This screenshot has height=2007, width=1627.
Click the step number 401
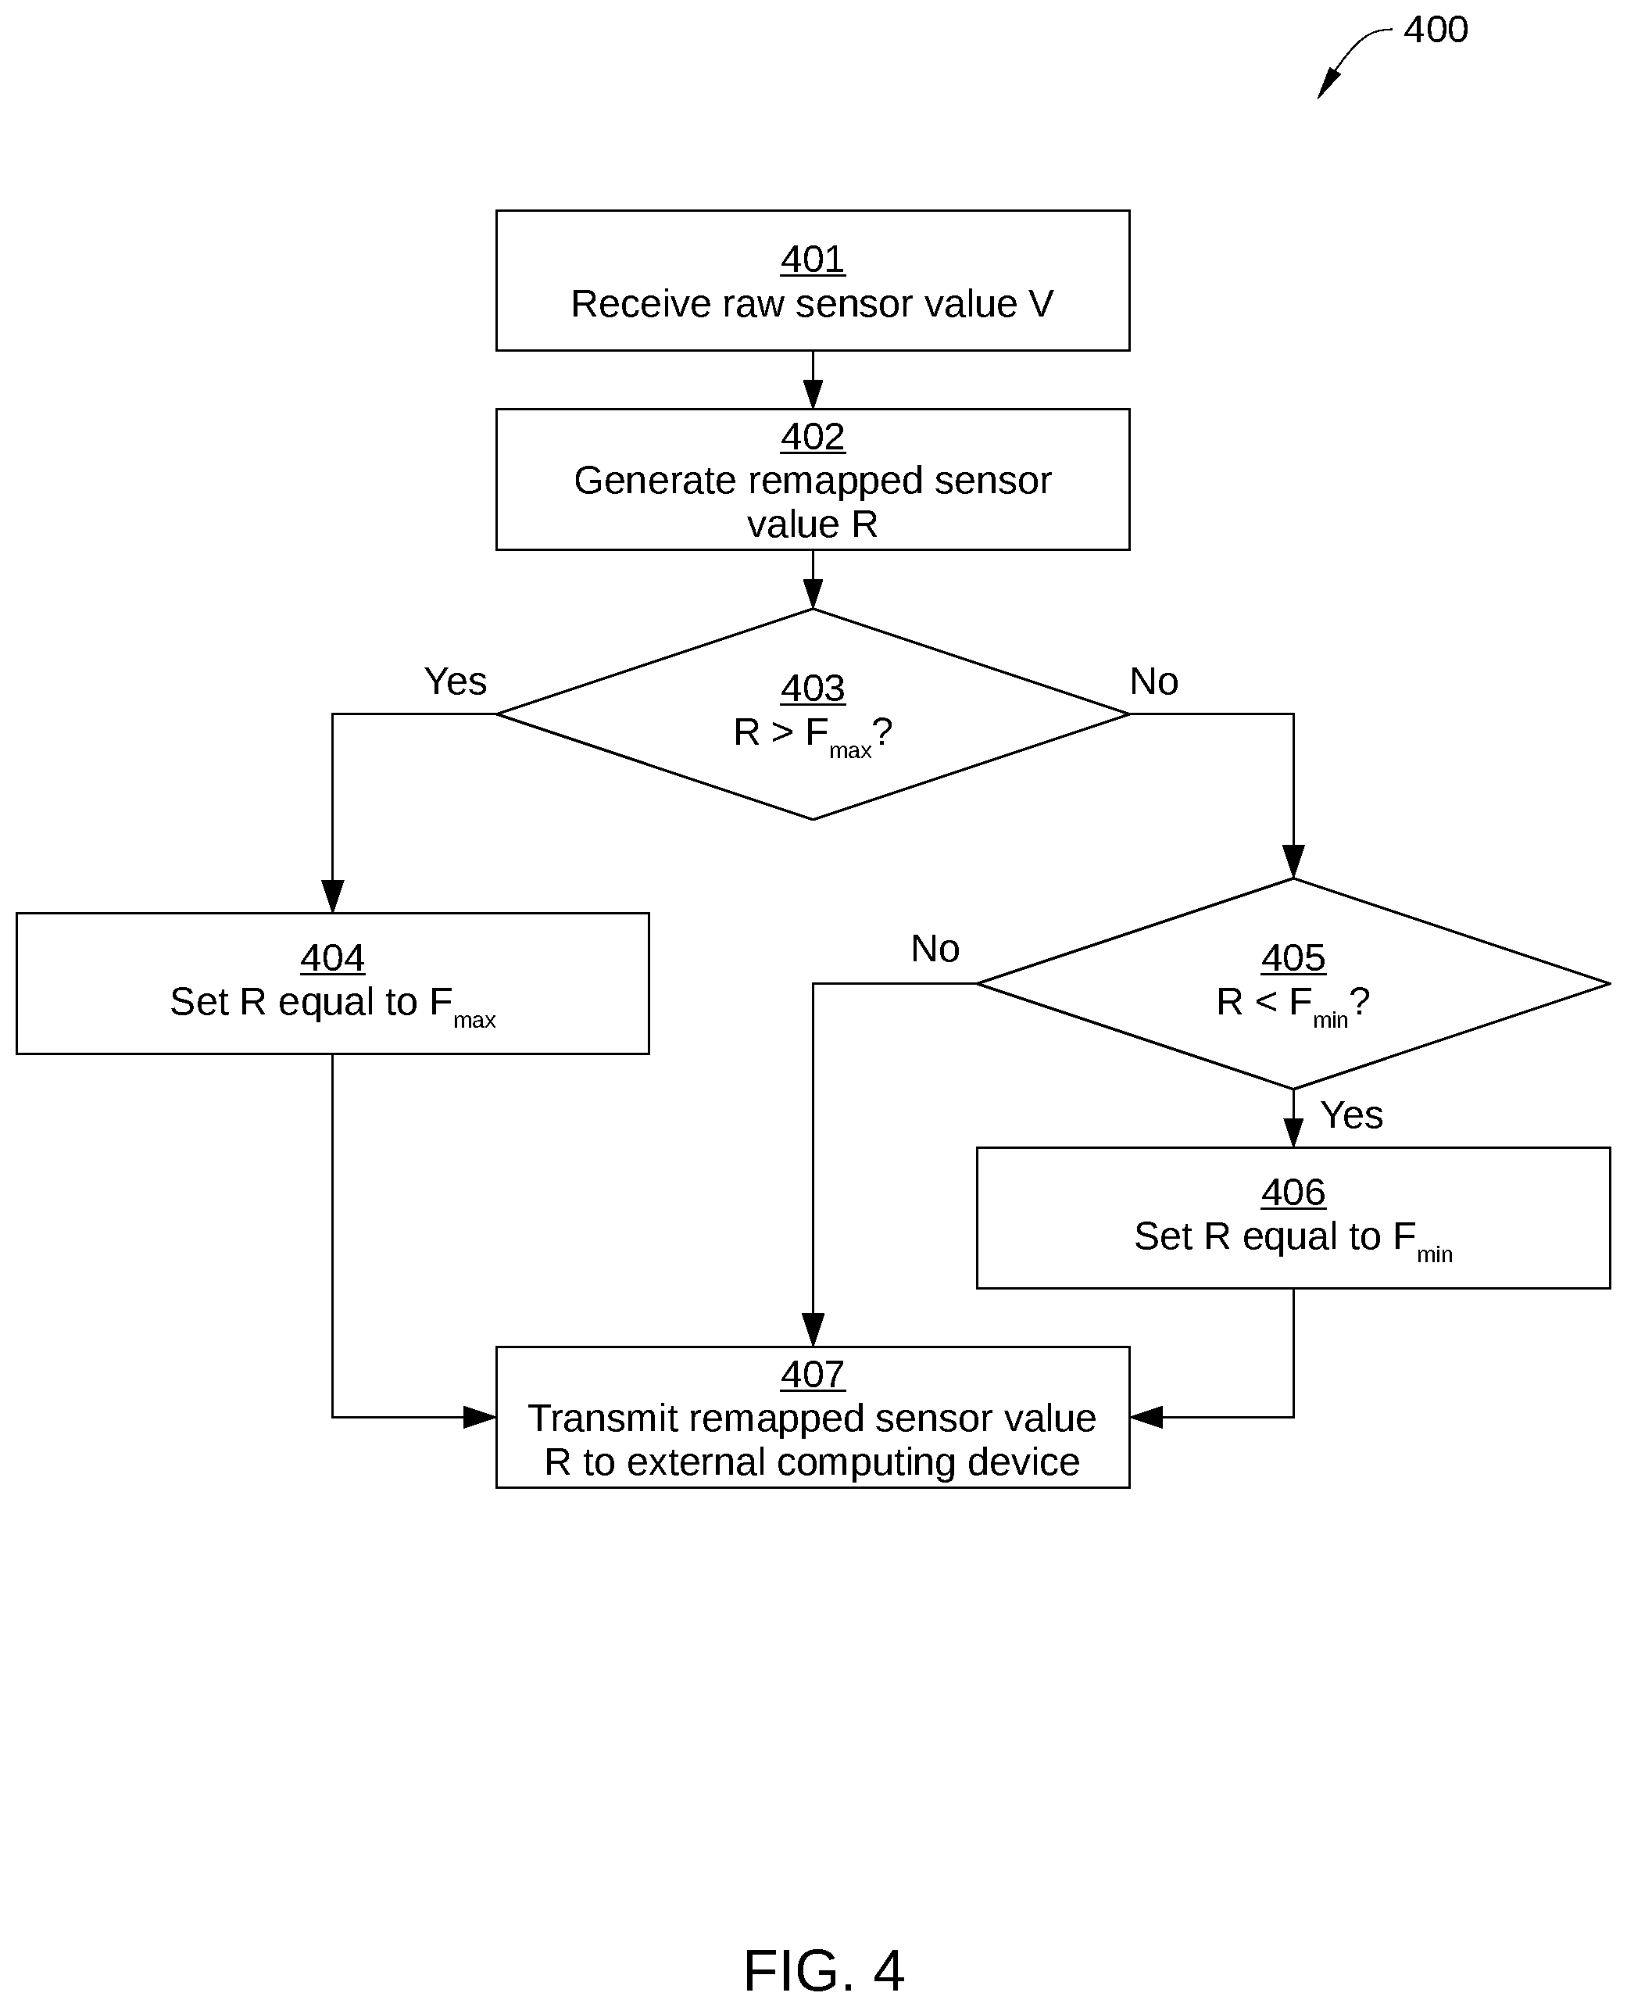pyautogui.click(x=813, y=259)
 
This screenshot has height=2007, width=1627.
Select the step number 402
pyautogui.click(x=813, y=437)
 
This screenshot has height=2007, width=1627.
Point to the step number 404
pyautogui.click(x=333, y=958)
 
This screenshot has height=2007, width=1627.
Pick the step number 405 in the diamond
pyautogui.click(x=1293, y=958)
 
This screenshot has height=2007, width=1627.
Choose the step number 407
pyautogui.click(x=813, y=1374)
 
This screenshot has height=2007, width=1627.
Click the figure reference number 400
pyautogui.click(x=1435, y=30)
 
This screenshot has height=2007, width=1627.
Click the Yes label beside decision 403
pyautogui.click(x=456, y=682)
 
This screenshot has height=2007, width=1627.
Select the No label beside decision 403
pyautogui.click(x=1153, y=682)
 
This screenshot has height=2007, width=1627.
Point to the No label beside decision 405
pyautogui.click(x=935, y=949)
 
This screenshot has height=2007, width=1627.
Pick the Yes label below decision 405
pyautogui.click(x=1351, y=1115)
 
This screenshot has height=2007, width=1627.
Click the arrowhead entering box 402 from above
pyautogui.click(x=813, y=394)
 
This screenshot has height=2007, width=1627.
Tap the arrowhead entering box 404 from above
pyautogui.click(x=333, y=896)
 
